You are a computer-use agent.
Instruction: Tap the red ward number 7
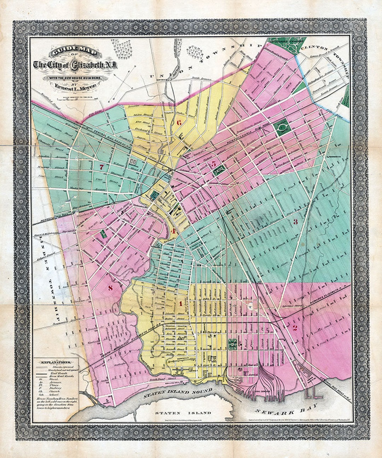tap(102, 167)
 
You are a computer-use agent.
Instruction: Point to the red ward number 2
tap(294, 328)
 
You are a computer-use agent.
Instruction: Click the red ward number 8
tap(110, 288)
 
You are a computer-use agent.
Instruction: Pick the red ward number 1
tap(180, 303)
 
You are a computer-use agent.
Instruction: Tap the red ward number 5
tap(213, 164)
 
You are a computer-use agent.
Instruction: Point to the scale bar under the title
tap(75, 97)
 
